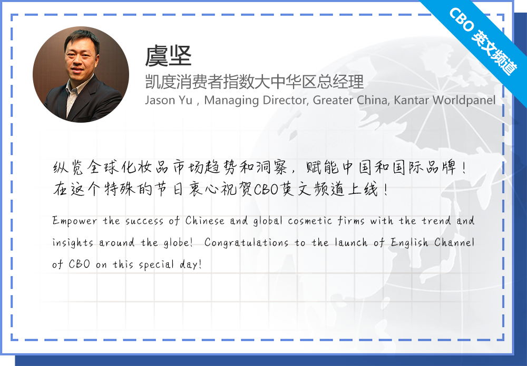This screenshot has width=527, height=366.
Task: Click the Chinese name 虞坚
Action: (x=168, y=56)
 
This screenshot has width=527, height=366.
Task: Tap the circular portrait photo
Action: (x=81, y=75)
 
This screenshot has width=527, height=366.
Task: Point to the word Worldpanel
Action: (x=464, y=101)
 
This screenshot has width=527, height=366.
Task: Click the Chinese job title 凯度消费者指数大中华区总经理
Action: (x=254, y=82)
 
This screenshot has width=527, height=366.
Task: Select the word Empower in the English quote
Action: (x=75, y=221)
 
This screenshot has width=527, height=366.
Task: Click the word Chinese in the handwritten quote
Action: (x=204, y=221)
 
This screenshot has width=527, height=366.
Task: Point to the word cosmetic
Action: (x=310, y=221)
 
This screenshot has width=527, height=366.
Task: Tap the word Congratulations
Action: (x=246, y=243)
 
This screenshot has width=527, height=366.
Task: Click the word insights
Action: (x=73, y=243)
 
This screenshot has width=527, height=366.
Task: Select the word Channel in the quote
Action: (x=454, y=242)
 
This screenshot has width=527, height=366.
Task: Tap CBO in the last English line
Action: (x=80, y=264)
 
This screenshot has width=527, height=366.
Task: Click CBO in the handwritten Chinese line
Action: (x=266, y=190)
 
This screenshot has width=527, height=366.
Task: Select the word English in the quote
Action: (x=409, y=243)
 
